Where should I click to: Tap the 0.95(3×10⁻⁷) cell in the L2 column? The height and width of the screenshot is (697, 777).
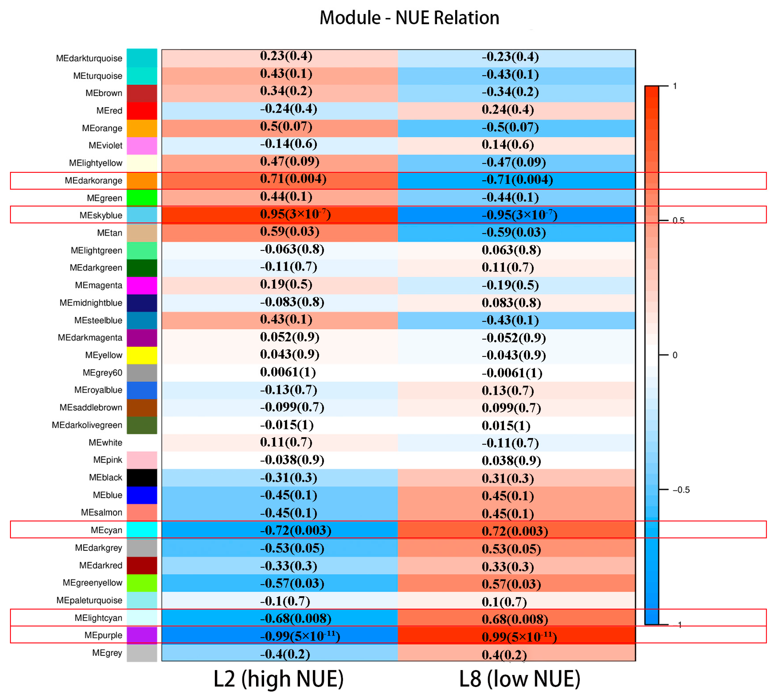(x=295, y=214)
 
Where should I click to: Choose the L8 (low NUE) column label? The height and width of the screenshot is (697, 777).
(x=519, y=679)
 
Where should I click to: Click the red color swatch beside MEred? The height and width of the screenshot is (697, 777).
(x=142, y=111)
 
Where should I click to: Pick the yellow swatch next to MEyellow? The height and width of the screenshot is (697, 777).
(x=142, y=355)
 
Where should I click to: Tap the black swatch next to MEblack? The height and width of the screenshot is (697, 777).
(x=142, y=477)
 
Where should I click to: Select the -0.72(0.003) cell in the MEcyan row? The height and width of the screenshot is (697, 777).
(x=295, y=530)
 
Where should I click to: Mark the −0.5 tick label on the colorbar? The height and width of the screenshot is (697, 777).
(x=681, y=490)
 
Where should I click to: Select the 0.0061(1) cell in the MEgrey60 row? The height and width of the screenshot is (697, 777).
(x=288, y=372)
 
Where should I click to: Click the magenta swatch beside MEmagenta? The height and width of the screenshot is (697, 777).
(x=142, y=285)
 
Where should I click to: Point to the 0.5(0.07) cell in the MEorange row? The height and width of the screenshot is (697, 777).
(x=286, y=126)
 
